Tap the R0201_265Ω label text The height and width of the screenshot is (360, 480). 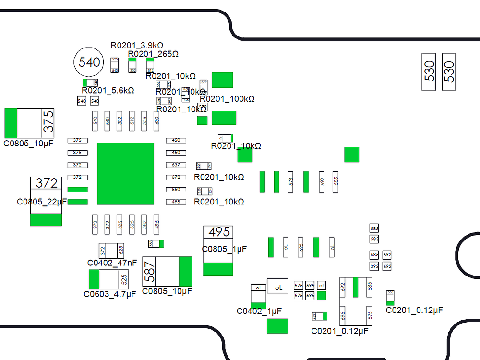(153, 53)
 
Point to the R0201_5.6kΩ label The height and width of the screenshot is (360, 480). (108, 90)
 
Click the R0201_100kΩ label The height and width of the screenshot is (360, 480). (227, 99)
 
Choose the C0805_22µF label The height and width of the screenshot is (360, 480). (42, 202)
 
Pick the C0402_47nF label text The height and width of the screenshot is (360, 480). (112, 263)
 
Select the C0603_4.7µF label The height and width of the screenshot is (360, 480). (110, 294)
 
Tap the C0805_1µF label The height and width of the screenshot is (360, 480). (224, 249)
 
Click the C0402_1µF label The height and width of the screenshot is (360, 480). (259, 311)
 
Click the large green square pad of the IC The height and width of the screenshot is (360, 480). (125, 173)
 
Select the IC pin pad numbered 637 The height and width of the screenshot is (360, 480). (176, 165)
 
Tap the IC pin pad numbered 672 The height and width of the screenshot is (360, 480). (176, 177)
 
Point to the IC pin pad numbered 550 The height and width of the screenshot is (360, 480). (176, 190)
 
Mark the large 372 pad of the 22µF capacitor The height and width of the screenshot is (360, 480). (47, 183)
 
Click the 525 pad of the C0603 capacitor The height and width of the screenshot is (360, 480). (124, 279)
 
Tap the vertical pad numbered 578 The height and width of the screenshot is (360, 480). (290, 182)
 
